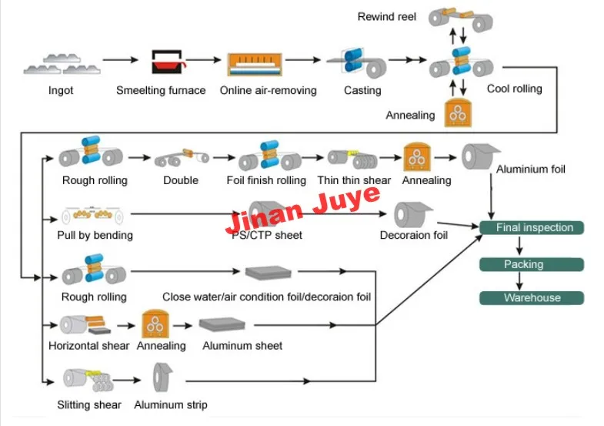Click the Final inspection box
tap(532, 227)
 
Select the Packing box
tap(532, 264)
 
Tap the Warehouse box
tap(532, 298)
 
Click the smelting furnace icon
tap(168, 62)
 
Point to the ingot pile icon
tap(62, 64)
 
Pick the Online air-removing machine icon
tap(255, 65)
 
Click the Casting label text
tap(362, 90)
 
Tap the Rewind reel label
tap(387, 17)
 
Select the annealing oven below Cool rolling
tap(458, 112)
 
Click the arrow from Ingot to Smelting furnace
tap(120, 60)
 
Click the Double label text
tap(181, 180)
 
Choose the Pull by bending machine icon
tap(92, 215)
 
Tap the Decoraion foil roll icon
tap(412, 214)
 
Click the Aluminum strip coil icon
tap(162, 377)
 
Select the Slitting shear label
tap(89, 404)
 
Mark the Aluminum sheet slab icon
tap(222, 324)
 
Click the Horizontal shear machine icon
tap(85, 325)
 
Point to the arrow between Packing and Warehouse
tap(519, 281)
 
